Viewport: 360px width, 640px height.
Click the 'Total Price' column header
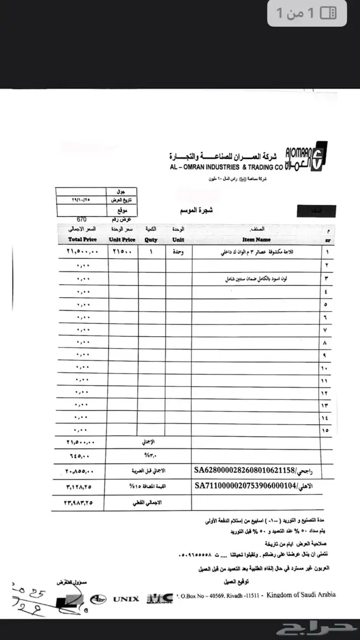82,240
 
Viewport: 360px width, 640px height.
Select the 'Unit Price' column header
122,240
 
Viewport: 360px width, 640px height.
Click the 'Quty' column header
151,240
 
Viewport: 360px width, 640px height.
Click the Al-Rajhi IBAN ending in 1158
244,469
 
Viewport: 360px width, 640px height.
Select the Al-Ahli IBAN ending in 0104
244,485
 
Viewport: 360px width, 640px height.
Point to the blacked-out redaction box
317,210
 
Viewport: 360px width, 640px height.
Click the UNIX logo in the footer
126,599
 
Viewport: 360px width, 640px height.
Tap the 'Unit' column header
178,240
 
